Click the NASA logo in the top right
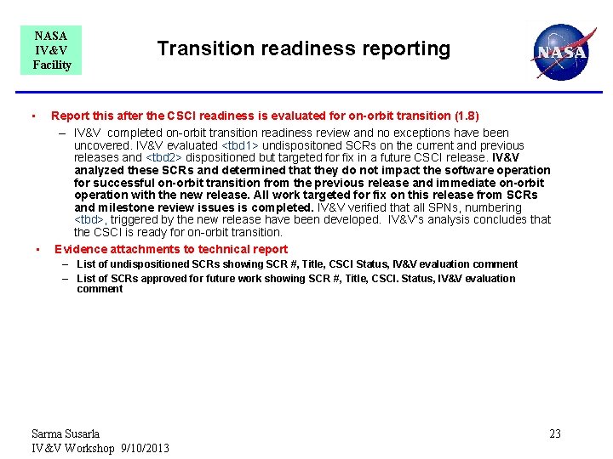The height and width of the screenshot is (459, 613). [559, 51]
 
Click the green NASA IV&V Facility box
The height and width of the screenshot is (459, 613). [51, 50]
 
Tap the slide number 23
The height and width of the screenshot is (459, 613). [554, 434]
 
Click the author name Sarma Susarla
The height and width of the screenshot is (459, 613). [66, 433]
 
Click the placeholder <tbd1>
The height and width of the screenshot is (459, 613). [243, 145]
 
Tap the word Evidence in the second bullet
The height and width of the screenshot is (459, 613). [82, 249]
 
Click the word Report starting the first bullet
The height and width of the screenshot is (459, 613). [70, 116]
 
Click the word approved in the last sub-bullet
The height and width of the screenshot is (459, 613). [166, 279]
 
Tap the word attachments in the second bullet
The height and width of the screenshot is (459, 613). [144, 249]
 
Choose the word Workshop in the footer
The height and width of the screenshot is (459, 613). [89, 448]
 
